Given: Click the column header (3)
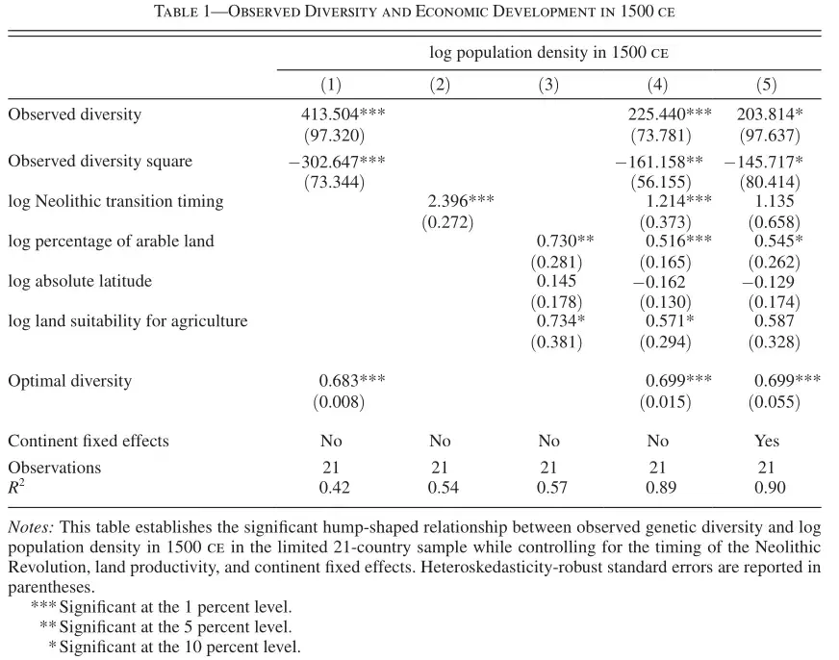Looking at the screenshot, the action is click(x=548, y=85).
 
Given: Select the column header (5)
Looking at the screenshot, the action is click(x=766, y=85).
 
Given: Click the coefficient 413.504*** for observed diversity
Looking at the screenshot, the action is click(x=343, y=114).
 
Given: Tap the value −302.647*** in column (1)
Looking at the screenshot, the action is click(x=337, y=161).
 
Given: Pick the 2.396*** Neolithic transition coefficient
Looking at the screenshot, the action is click(x=461, y=201).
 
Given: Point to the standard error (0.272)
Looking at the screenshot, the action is click(x=447, y=222).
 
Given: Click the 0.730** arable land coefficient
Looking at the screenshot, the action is click(x=565, y=241).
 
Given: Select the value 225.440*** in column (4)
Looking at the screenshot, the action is click(x=670, y=114).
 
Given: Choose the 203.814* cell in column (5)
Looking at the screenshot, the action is click(x=770, y=114).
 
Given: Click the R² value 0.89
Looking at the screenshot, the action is click(x=661, y=487).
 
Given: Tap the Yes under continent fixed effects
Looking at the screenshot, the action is click(x=767, y=441).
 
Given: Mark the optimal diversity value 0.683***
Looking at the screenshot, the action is click(x=352, y=380).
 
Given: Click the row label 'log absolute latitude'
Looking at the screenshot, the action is click(x=80, y=281).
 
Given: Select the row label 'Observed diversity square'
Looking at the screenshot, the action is click(x=100, y=161).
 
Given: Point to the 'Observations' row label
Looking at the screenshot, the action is click(x=55, y=468).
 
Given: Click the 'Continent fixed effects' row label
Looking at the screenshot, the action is click(x=89, y=441).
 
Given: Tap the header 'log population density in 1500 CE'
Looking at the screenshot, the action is click(x=549, y=52).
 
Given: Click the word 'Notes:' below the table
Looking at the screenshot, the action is click(x=31, y=527).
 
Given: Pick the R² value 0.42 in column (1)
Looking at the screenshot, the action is click(x=335, y=487).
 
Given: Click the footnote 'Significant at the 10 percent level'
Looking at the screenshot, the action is click(x=180, y=647).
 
